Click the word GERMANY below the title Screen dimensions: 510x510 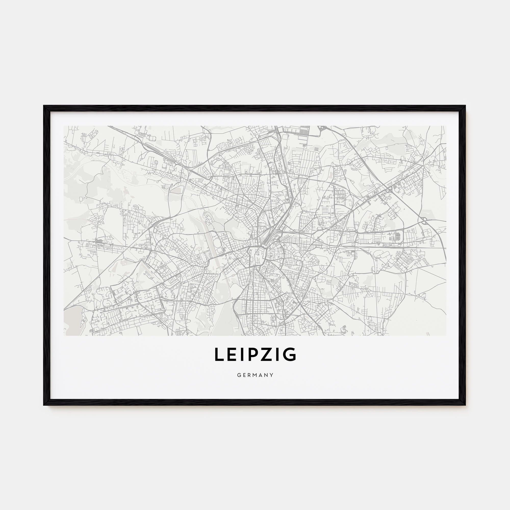255,375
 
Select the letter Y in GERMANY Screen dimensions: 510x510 272,375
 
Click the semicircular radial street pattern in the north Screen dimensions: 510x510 247,148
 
